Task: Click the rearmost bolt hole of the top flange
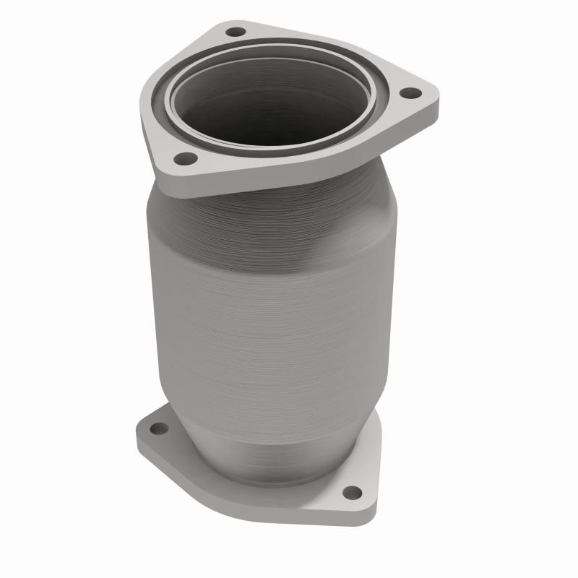coord(236,33)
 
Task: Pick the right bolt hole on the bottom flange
coord(352,492)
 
